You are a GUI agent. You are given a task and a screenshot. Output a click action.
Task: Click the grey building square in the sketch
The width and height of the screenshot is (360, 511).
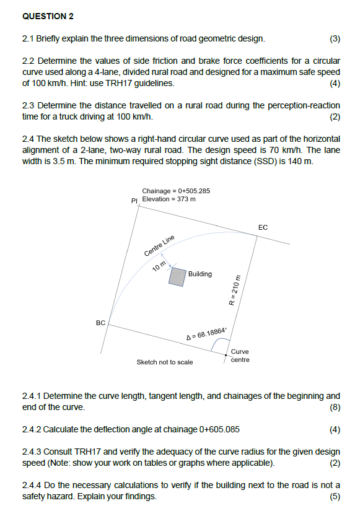click(x=178, y=276)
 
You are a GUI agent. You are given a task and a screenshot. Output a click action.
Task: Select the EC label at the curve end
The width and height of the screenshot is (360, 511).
click(x=263, y=228)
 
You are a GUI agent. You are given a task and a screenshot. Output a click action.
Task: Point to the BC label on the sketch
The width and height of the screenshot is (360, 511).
click(x=100, y=323)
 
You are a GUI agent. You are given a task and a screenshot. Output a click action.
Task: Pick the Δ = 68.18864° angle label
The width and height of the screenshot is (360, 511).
click(x=207, y=335)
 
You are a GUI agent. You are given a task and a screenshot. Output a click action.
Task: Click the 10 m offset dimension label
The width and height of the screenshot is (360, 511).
click(x=159, y=266)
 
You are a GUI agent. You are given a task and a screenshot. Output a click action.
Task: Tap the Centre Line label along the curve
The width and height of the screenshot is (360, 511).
click(x=160, y=246)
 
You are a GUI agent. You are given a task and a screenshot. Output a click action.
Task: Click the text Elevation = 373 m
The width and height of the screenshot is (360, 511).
click(x=169, y=199)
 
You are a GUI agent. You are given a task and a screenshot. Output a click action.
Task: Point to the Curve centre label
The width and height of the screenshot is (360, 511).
click(x=240, y=356)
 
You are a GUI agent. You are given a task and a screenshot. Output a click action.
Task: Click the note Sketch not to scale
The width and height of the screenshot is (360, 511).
click(x=164, y=362)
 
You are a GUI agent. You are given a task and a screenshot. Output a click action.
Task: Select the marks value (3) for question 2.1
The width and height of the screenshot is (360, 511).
click(x=335, y=39)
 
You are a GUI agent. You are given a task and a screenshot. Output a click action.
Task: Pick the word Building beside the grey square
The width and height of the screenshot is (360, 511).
click(x=200, y=274)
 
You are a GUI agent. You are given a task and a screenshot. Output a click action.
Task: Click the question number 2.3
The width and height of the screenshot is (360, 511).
click(x=29, y=105)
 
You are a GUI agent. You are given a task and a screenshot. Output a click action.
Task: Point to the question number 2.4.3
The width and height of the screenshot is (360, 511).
click(x=32, y=452)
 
